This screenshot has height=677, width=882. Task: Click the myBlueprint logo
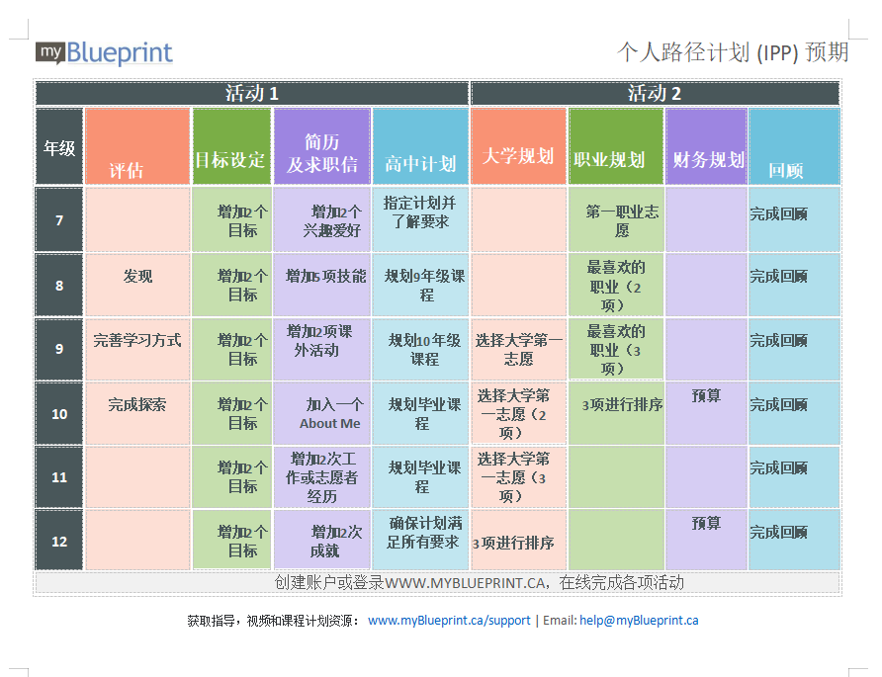pos(104,53)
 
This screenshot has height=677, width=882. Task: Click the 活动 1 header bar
pos(252,93)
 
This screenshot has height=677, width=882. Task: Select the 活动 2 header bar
pos(655,93)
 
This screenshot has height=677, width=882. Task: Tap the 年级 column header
pos(59,146)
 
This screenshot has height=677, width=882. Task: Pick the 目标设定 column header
pos(231,146)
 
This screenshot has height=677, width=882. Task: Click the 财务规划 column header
pos(707,146)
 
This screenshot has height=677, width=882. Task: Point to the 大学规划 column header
pos(518,146)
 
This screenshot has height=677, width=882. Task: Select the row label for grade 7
pos(59,219)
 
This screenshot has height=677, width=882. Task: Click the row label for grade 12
pos(59,541)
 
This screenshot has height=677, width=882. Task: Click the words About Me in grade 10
pos(330,423)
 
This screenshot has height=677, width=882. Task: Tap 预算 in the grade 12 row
pos(706,524)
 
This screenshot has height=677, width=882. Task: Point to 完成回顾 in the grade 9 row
pos(778,341)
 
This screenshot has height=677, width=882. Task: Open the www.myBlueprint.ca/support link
pos(449,621)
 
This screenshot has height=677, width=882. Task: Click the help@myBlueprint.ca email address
pos(639,621)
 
